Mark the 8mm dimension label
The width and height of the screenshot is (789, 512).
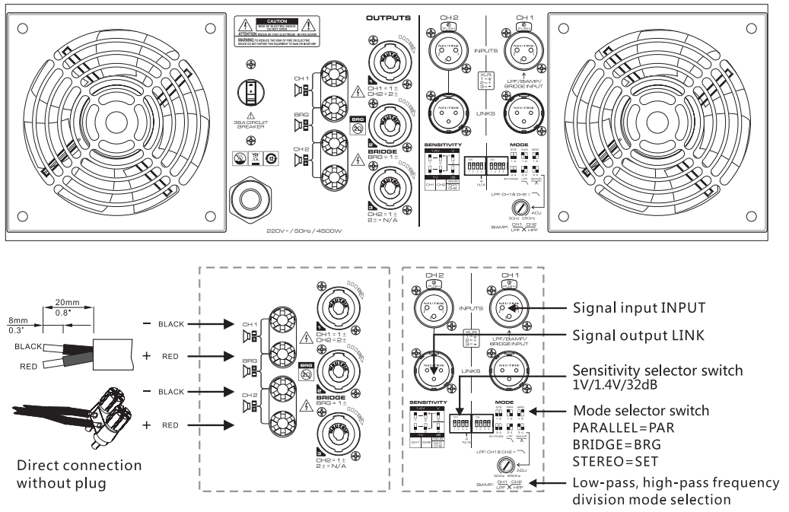point(15,322)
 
